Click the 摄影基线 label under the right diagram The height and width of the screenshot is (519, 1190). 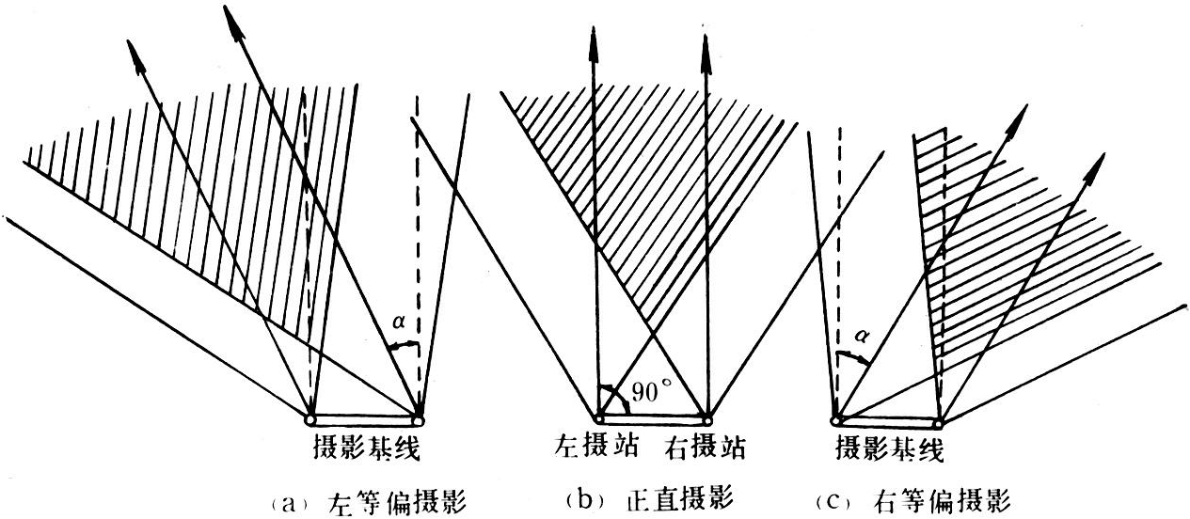(889, 450)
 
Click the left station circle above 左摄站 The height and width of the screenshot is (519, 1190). (596, 417)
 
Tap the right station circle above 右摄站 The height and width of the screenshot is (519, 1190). (706, 417)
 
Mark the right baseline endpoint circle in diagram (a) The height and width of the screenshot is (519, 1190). (418, 417)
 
